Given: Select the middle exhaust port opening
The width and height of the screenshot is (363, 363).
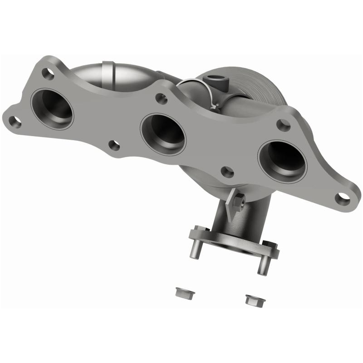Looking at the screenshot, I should point(163,134).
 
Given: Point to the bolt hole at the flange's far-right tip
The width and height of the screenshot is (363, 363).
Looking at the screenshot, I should point(343,197).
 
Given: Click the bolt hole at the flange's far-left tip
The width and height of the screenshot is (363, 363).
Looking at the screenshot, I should point(15,121).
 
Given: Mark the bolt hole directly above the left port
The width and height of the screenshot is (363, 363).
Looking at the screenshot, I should point(48,73).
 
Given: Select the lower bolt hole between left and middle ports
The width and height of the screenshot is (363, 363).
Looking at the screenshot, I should point(114,145).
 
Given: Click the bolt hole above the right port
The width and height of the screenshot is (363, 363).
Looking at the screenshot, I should point(283,125).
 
